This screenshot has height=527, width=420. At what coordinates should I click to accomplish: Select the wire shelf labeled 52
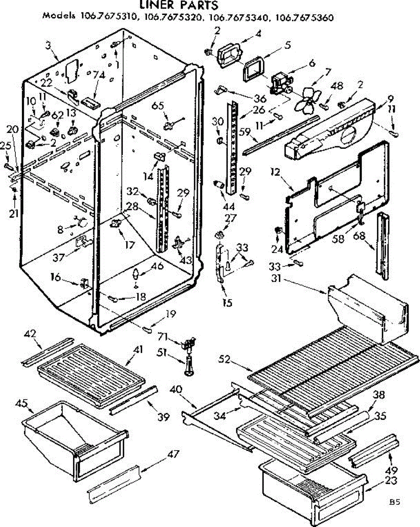click(325, 360)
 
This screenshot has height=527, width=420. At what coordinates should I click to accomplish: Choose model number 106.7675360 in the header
click(304, 18)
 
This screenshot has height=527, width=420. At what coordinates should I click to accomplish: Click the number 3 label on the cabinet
click(48, 44)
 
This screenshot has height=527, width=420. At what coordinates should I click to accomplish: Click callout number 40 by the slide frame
click(176, 389)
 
